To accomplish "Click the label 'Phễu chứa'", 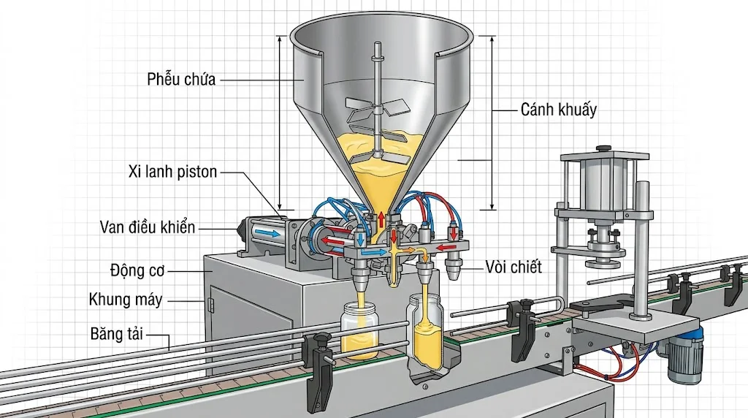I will click(x=180, y=80).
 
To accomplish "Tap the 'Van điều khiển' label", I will click(x=148, y=227).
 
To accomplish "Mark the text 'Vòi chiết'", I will click(x=514, y=267).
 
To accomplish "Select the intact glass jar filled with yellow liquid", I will click(x=359, y=331).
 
